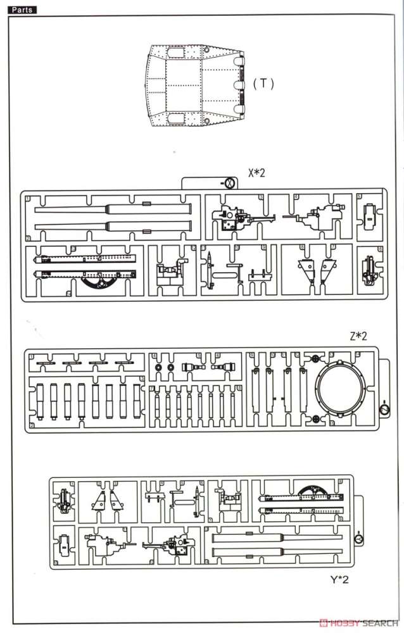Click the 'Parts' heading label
20,9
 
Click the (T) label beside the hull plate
263,83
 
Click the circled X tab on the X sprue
229,183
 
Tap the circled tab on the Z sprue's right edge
384,410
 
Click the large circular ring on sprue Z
339,388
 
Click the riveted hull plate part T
196,85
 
